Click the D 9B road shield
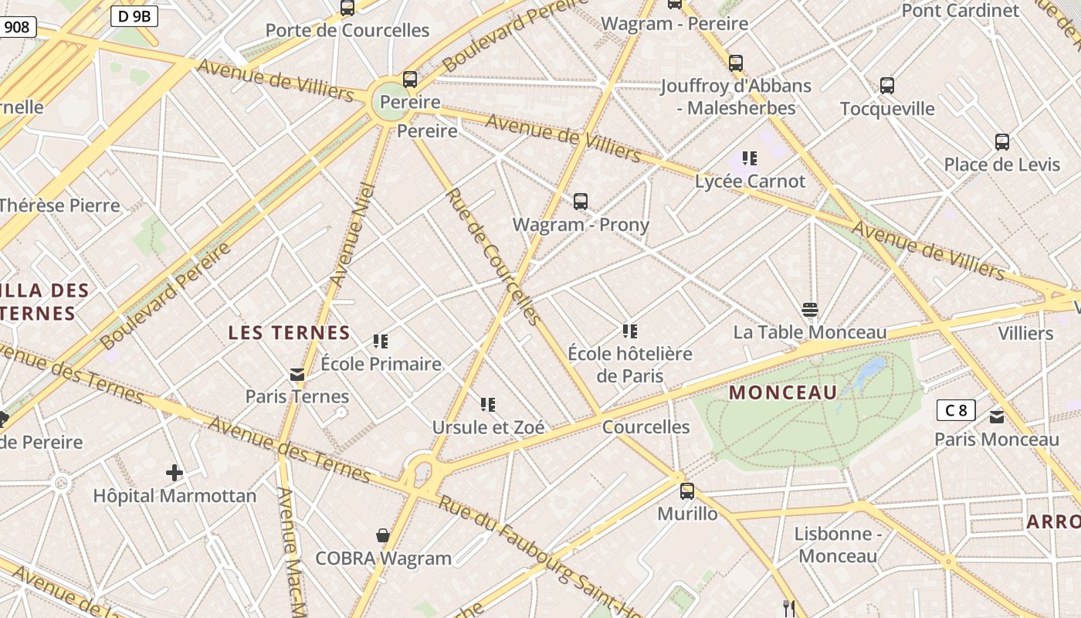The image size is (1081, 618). tap(134, 15)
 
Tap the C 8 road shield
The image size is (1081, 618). tap(956, 409)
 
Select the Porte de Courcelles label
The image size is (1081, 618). tap(347, 30)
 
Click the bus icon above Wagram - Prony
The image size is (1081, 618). tap(581, 202)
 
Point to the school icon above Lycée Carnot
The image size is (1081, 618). tap(749, 158)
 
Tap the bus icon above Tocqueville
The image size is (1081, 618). tap(887, 86)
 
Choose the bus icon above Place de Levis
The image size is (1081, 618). tap(1002, 142)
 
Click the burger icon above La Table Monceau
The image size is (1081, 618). tap(810, 310)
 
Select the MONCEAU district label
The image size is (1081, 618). tap(783, 392)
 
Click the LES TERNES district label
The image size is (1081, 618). tap(290, 333)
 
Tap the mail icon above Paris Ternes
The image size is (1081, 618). tap(297, 375)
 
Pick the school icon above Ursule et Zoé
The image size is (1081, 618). tap(487, 404)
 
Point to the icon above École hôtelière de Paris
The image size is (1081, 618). tap(629, 331)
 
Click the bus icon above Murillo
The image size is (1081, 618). tap(686, 491)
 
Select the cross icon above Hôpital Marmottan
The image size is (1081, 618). tap(175, 472)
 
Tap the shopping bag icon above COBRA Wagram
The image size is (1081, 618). tap(382, 535)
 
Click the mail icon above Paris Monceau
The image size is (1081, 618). tap(997, 417)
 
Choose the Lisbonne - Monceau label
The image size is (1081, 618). tap(838, 545)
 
